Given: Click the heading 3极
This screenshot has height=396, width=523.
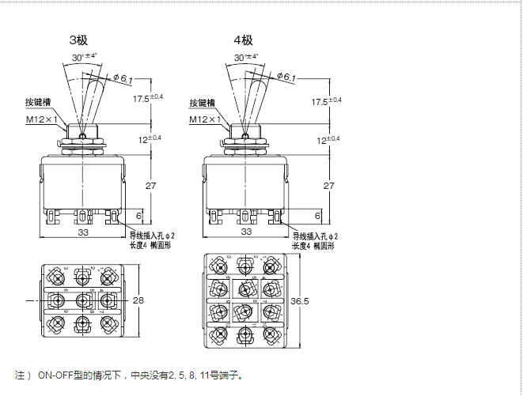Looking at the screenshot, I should click(x=78, y=40).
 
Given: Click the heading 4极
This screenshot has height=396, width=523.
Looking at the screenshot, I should click(x=242, y=40).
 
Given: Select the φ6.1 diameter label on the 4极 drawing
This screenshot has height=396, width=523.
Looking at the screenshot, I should click(x=287, y=77).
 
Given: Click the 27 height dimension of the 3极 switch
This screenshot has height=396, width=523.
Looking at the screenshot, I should click(x=150, y=185).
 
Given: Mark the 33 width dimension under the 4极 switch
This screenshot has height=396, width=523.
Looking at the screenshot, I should click(x=245, y=232).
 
